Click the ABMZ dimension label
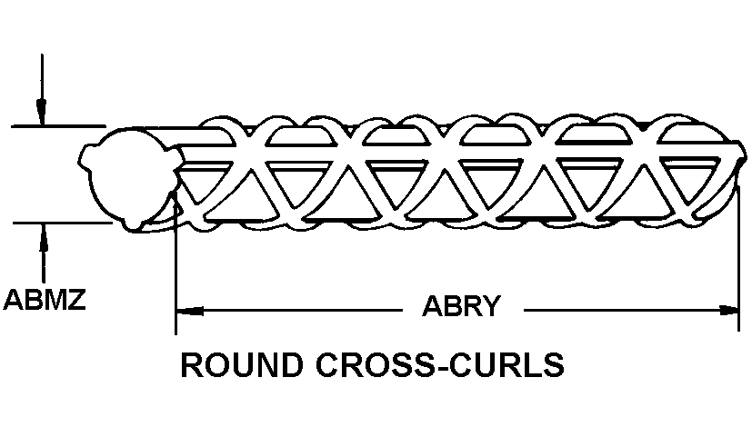click(45, 299)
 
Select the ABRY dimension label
click(462, 306)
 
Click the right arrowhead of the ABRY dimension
click(731, 310)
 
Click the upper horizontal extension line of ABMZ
click(55, 126)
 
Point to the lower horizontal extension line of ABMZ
click(55, 220)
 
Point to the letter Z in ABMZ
click(76, 299)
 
